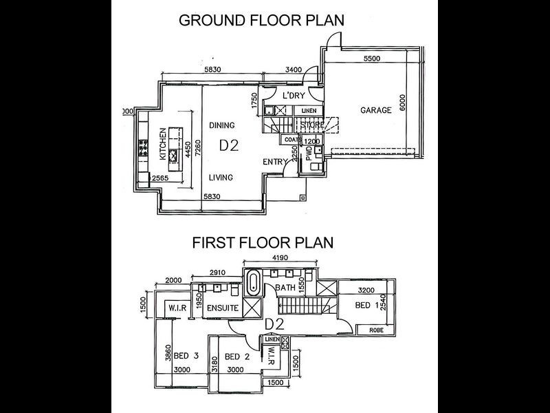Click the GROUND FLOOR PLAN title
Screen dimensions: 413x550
(x=261, y=19)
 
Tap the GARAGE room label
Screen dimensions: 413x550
(x=375, y=110)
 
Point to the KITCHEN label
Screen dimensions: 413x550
(x=164, y=145)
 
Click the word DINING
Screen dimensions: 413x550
(x=222, y=125)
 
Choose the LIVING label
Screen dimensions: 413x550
(x=221, y=177)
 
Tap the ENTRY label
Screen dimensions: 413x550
(x=276, y=162)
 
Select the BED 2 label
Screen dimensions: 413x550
(x=236, y=356)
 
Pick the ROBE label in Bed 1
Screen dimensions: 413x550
(x=376, y=330)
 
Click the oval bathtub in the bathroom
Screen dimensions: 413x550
(x=252, y=283)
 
